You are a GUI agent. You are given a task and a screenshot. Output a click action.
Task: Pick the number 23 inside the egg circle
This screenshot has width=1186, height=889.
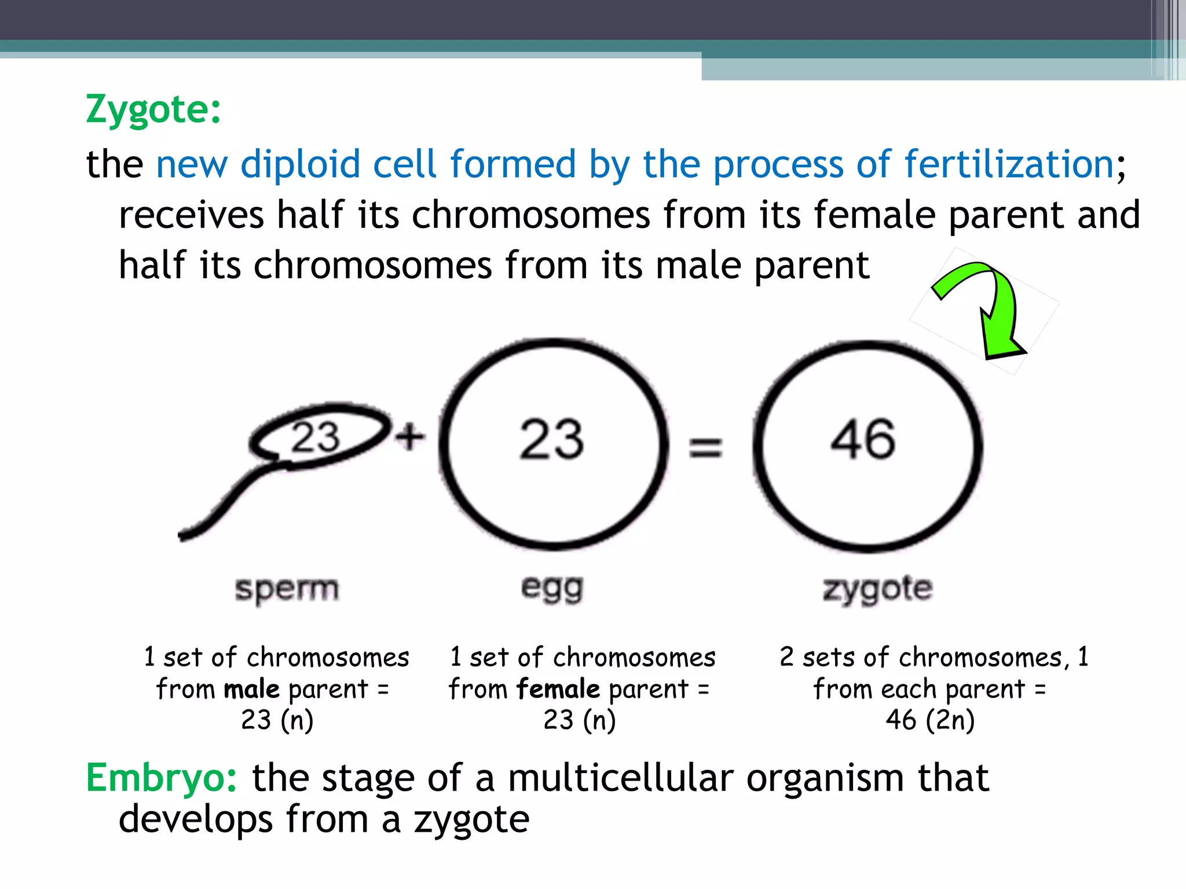click(x=551, y=439)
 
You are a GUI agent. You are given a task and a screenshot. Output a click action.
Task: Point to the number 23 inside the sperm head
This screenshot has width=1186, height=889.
click(x=314, y=437)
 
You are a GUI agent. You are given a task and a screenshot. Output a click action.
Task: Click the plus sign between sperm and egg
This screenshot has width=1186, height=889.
click(x=410, y=436)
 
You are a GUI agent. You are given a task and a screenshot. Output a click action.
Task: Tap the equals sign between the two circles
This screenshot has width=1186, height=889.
click(x=705, y=447)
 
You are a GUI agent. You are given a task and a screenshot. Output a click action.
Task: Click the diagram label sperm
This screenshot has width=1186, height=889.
click(x=287, y=590)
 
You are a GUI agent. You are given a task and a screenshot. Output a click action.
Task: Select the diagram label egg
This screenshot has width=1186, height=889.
click(x=552, y=590)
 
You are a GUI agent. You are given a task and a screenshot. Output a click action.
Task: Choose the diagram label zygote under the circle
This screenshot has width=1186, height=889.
click(x=878, y=590)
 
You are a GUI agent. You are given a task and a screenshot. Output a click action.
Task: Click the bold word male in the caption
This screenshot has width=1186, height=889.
click(x=251, y=689)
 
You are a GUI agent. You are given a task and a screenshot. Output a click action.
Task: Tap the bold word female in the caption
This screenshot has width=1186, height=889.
click(x=558, y=689)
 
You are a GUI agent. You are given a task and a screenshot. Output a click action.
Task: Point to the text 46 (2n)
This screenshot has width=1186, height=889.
click(x=930, y=721)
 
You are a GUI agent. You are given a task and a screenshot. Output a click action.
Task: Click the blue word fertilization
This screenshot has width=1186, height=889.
click(x=1009, y=164)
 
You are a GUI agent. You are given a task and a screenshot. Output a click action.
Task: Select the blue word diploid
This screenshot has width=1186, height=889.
click(x=300, y=164)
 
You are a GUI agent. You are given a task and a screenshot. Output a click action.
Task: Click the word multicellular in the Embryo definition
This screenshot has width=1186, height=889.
click(x=620, y=778)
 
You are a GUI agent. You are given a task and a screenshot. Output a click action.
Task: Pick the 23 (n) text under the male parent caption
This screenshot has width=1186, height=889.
click(x=277, y=721)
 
